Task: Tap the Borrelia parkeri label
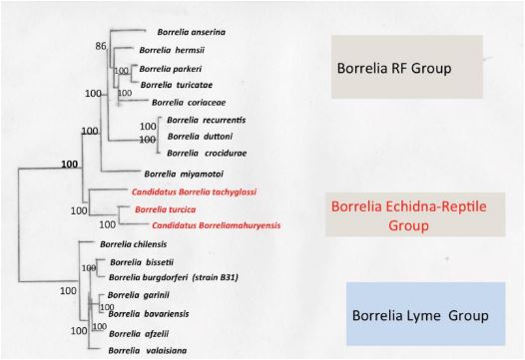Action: point(171,68)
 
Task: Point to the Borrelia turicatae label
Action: point(174,85)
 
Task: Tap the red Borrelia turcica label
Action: point(165,209)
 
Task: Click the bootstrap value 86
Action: point(100,46)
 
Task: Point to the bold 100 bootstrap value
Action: point(70,164)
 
